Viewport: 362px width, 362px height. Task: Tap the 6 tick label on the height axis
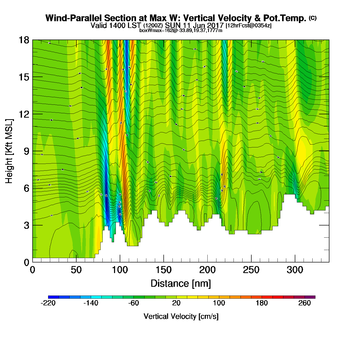point(26,188)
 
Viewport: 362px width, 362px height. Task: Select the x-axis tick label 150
point(163,270)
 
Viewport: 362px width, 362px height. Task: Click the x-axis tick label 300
point(295,270)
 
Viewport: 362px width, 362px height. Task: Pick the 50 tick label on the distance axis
point(76,270)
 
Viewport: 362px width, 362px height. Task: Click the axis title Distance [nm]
point(181,283)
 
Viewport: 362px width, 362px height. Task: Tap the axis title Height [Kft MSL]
point(9,151)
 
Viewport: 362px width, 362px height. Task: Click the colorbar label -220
point(48,303)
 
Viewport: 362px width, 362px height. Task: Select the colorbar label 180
point(262,303)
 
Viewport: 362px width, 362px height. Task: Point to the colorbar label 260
point(304,303)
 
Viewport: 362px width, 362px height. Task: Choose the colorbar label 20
point(176,303)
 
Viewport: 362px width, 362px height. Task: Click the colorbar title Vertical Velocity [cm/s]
point(181,316)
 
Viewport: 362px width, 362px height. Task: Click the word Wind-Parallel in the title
point(73,18)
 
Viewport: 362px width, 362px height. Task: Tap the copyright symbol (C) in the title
point(312,18)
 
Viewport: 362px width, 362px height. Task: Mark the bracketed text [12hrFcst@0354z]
point(248,26)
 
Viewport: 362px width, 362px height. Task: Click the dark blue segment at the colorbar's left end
point(54,297)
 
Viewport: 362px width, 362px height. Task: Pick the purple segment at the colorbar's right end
point(310,297)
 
